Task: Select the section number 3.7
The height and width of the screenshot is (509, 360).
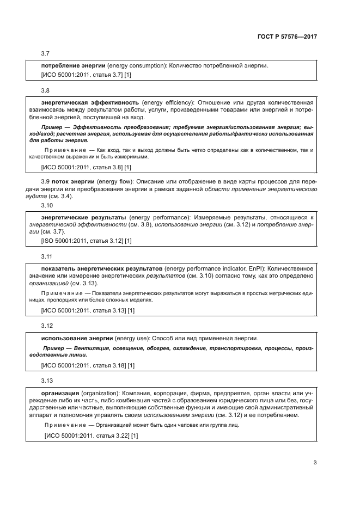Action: click(x=46, y=53)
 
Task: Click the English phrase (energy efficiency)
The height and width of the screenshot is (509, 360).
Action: click(x=167, y=102)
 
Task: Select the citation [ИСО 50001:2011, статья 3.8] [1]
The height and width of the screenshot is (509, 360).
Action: click(x=86, y=167)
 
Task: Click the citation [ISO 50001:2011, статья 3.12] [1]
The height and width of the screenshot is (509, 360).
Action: click(x=86, y=240)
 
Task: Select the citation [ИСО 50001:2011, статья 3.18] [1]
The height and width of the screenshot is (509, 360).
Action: click(x=88, y=366)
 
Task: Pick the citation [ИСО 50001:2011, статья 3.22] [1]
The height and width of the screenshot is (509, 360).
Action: click(x=90, y=436)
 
